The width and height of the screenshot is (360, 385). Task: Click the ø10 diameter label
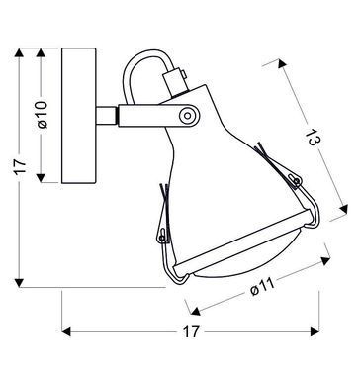pyautogui.click(x=44, y=115)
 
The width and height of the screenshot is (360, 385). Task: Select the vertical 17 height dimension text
pyautogui.click(x=21, y=166)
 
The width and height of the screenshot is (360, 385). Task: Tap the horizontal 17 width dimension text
pyautogui.click(x=191, y=332)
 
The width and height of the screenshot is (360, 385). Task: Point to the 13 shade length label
pyautogui.click(x=312, y=138)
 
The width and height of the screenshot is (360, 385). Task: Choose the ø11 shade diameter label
pyautogui.click(x=262, y=287)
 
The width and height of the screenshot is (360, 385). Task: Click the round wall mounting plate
pyautogui.click(x=78, y=116)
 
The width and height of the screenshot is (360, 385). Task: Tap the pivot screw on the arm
pyautogui.click(x=187, y=116)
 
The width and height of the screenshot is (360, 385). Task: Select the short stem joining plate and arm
pyautogui.click(x=106, y=116)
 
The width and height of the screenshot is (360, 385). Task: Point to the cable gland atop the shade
pyautogui.click(x=176, y=81)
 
